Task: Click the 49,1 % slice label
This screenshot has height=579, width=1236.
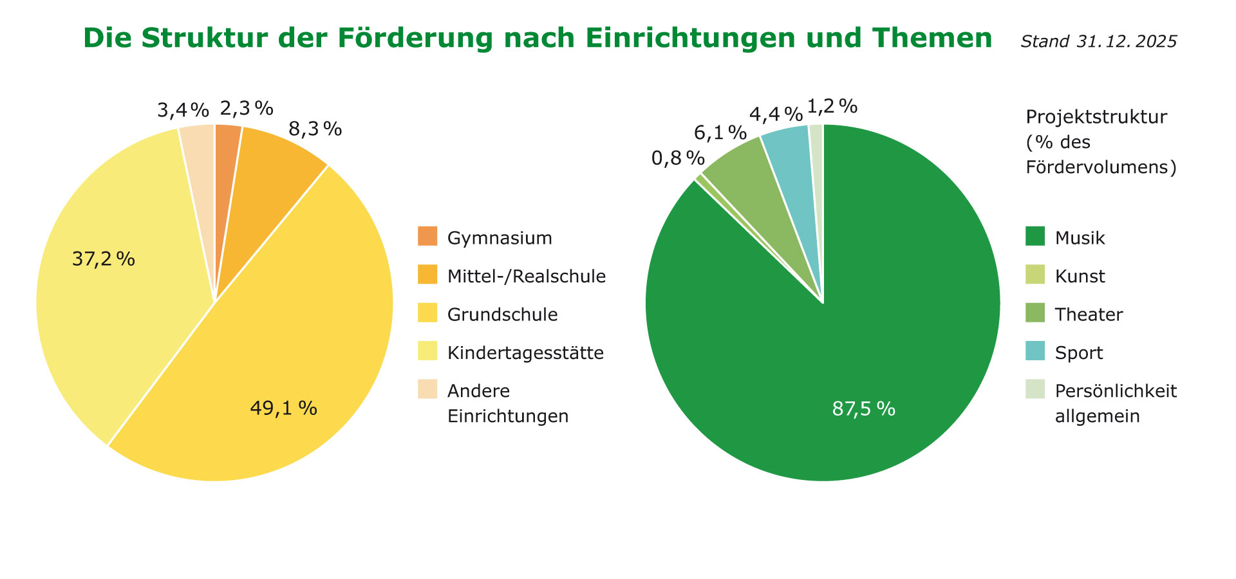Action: [x=283, y=409]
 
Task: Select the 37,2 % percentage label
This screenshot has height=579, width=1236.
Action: [x=104, y=259]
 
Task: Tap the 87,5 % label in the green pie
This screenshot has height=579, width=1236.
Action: [x=863, y=409]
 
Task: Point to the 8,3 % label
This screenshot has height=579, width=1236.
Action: [x=315, y=129]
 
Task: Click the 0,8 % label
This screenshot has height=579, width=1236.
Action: [x=678, y=158]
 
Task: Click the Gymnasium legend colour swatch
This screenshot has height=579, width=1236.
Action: [x=427, y=236]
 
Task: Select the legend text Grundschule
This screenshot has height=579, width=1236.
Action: [x=502, y=315]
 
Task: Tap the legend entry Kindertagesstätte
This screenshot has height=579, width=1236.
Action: [x=525, y=353]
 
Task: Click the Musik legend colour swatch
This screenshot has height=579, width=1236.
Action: [x=1035, y=236]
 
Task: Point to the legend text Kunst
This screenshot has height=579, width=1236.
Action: [x=1080, y=277]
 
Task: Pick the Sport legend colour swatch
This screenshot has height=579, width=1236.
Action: [x=1035, y=351]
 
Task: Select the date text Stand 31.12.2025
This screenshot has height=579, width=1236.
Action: [x=1098, y=42]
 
